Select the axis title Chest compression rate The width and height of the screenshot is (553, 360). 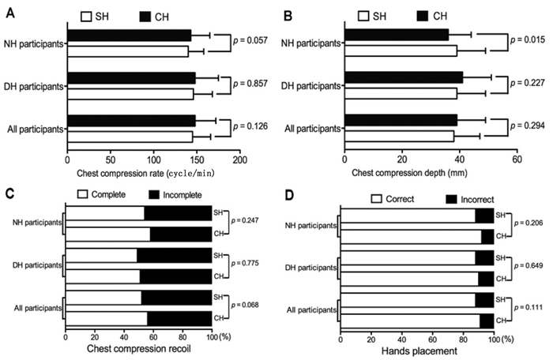tap(146, 172)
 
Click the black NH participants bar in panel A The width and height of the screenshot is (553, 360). tap(129, 36)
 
